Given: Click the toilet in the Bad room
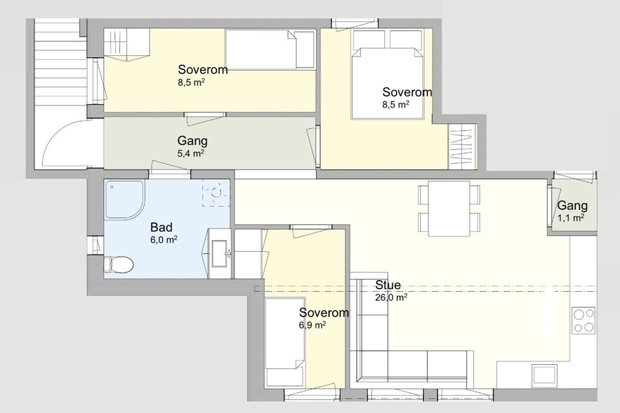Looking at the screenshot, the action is pyautogui.click(x=118, y=264).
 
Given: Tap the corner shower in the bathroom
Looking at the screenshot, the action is pyautogui.click(x=124, y=200).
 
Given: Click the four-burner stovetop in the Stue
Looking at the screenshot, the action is pyautogui.click(x=583, y=320).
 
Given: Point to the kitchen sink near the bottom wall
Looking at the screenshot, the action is pyautogui.click(x=545, y=374).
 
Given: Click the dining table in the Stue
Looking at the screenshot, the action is pyautogui.click(x=449, y=209).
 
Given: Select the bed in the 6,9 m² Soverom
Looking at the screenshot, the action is pyautogui.click(x=285, y=342).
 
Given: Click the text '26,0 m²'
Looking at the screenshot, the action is pyautogui.click(x=391, y=297).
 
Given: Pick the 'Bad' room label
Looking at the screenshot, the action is pyautogui.click(x=161, y=227).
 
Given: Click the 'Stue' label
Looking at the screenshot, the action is pyautogui.click(x=388, y=285).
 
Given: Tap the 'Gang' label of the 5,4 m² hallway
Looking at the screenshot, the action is pyautogui.click(x=192, y=141).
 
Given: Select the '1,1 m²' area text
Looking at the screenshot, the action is pyautogui.click(x=571, y=218).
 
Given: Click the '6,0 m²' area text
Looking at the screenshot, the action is pyautogui.click(x=164, y=240).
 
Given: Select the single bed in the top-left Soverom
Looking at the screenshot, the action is pyautogui.click(x=270, y=50).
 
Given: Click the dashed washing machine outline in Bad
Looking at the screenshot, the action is pyautogui.click(x=216, y=193).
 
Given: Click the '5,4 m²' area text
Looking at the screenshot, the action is pyautogui.click(x=191, y=153).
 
